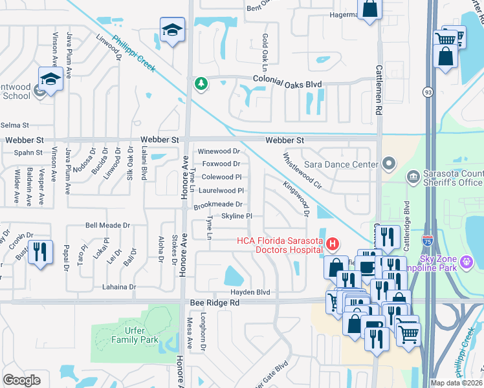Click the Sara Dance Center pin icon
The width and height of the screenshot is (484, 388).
(x=388, y=164)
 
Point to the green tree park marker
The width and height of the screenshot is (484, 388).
(x=202, y=84)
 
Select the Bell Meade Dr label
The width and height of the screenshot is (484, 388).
(x=108, y=226)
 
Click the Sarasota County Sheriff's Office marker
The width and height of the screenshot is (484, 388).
(x=412, y=177)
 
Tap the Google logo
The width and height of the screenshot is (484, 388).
(x=21, y=380)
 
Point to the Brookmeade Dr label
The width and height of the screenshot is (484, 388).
(x=217, y=204)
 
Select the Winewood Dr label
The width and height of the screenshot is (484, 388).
(x=219, y=151)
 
